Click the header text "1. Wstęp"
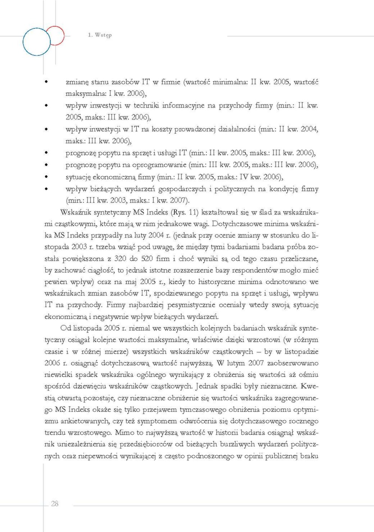100,35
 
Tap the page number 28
55,504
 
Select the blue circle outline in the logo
36,42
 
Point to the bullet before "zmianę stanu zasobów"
46,82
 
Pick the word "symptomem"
157,421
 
